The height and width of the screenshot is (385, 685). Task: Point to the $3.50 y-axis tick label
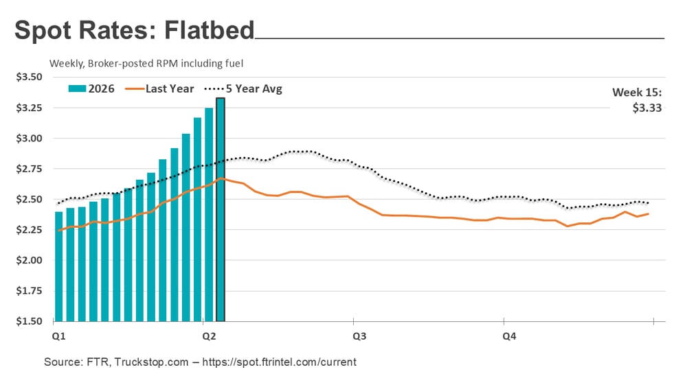pos(29,77)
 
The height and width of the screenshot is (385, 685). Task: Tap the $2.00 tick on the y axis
pos(29,260)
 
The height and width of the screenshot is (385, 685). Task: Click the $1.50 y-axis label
pos(29,321)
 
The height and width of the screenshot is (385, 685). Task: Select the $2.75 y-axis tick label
pos(29,169)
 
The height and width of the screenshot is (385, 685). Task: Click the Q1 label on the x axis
pos(58,336)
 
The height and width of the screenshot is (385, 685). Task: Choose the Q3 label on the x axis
pos(359,336)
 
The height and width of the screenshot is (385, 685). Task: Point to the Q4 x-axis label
pos(509,336)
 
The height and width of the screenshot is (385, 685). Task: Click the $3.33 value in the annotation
pos(647,107)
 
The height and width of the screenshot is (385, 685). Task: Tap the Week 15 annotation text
pos(637,93)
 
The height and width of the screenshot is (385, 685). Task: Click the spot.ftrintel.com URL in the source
pos(288,362)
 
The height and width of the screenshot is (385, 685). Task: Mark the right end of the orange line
pos(649,213)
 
